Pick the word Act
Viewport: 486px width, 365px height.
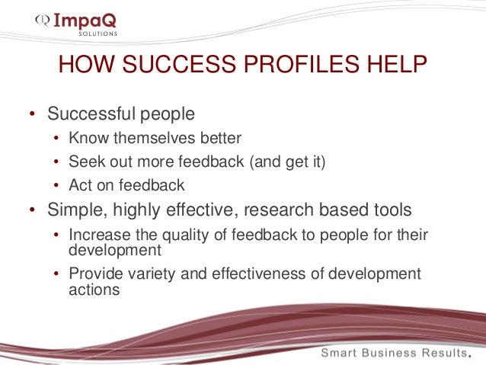[79, 185]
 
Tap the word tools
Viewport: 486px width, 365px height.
[392, 210]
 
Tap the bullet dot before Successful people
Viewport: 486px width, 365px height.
[32, 115]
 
